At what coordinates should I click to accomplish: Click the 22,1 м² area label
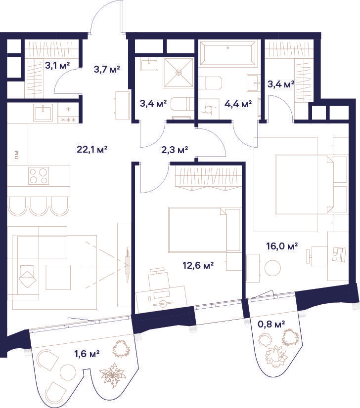[92, 150]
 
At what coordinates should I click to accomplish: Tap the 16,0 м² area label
[282, 246]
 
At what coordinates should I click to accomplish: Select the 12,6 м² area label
[198, 266]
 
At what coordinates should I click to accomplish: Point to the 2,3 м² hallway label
[175, 150]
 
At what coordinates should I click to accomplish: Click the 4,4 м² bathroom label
[238, 104]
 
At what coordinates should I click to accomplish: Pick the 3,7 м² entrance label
[106, 70]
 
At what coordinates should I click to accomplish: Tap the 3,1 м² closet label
[57, 65]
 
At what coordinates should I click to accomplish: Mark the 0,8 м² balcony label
[271, 324]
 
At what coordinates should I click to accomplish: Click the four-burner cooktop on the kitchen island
[39, 176]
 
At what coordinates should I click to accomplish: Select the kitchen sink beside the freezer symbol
[43, 112]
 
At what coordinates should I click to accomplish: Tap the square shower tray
[179, 73]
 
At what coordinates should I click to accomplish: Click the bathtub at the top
[227, 53]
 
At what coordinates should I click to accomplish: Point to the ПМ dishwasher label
[17, 155]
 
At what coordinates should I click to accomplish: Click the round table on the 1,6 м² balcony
[68, 372]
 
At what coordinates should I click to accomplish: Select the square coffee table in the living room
[58, 277]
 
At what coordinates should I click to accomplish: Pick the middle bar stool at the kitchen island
[39, 206]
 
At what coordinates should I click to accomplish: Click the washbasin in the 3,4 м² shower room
[149, 64]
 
